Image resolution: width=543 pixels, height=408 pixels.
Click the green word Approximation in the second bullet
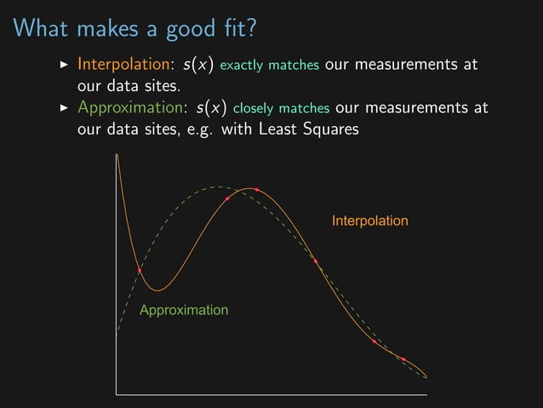pos(131,109)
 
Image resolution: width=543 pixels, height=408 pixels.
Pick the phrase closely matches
pos(281,110)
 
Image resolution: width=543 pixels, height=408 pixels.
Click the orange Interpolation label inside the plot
pos(369,221)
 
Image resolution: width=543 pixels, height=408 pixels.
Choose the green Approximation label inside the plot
pos(184,310)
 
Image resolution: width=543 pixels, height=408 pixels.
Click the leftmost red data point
pos(140,270)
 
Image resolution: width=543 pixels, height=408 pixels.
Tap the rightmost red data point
pos(403,359)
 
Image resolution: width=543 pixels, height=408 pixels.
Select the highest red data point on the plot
pos(256,190)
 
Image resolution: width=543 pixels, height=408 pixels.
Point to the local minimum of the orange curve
pos(157,290)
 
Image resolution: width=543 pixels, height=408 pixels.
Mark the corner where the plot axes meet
pos(117,395)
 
